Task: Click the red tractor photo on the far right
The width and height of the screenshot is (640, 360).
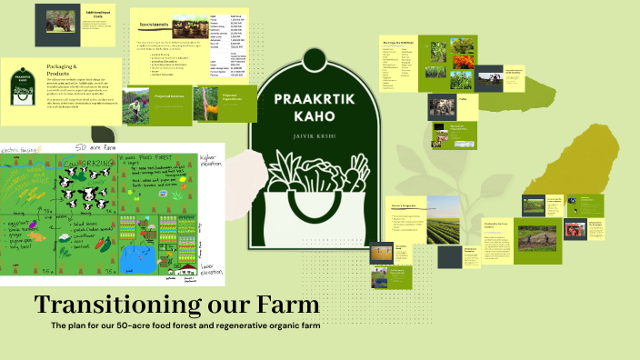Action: point(601,230)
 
